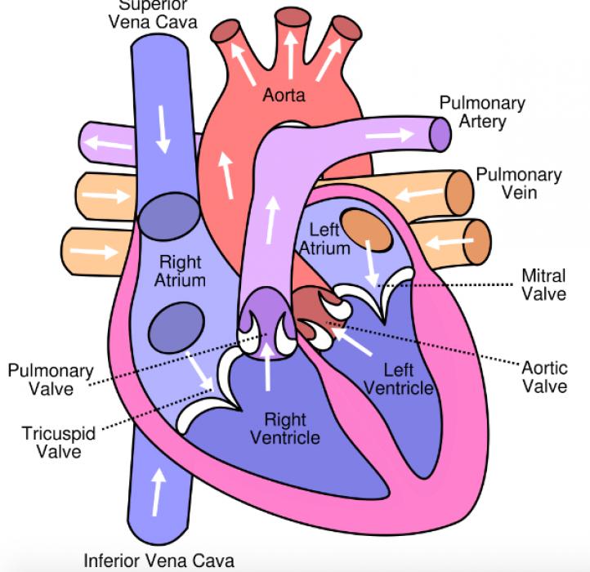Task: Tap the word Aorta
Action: coord(284,96)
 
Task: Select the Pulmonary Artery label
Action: coord(482,113)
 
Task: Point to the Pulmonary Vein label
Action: coord(519,184)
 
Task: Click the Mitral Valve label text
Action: coord(543,284)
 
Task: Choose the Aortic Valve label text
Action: coord(544,376)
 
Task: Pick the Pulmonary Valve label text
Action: coord(41,380)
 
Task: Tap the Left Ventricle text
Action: coord(398,379)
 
